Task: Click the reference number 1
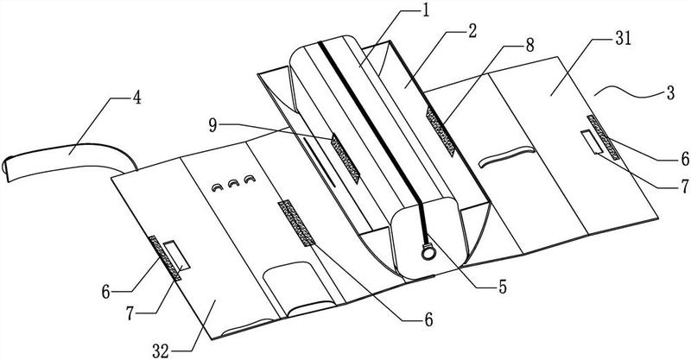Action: pyautogui.click(x=425, y=11)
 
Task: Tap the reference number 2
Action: pyautogui.click(x=472, y=31)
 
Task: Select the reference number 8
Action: pyautogui.click(x=529, y=45)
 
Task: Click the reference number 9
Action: pyautogui.click(x=212, y=125)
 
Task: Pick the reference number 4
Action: pyautogui.click(x=137, y=98)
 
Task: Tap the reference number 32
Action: pyautogui.click(x=161, y=351)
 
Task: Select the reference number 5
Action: pyautogui.click(x=503, y=287)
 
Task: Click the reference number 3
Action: pyautogui.click(x=670, y=93)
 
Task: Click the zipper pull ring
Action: pyautogui.click(x=428, y=252)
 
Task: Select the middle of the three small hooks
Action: pyautogui.click(x=233, y=183)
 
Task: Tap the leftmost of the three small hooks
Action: pyautogui.click(x=218, y=187)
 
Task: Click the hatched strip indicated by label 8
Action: pyautogui.click(x=440, y=131)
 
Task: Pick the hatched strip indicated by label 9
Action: pyautogui.click(x=346, y=159)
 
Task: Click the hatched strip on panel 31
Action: pyautogui.click(x=603, y=137)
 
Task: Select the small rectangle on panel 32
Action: pyautogui.click(x=176, y=255)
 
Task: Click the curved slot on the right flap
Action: pyautogui.click(x=507, y=156)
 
